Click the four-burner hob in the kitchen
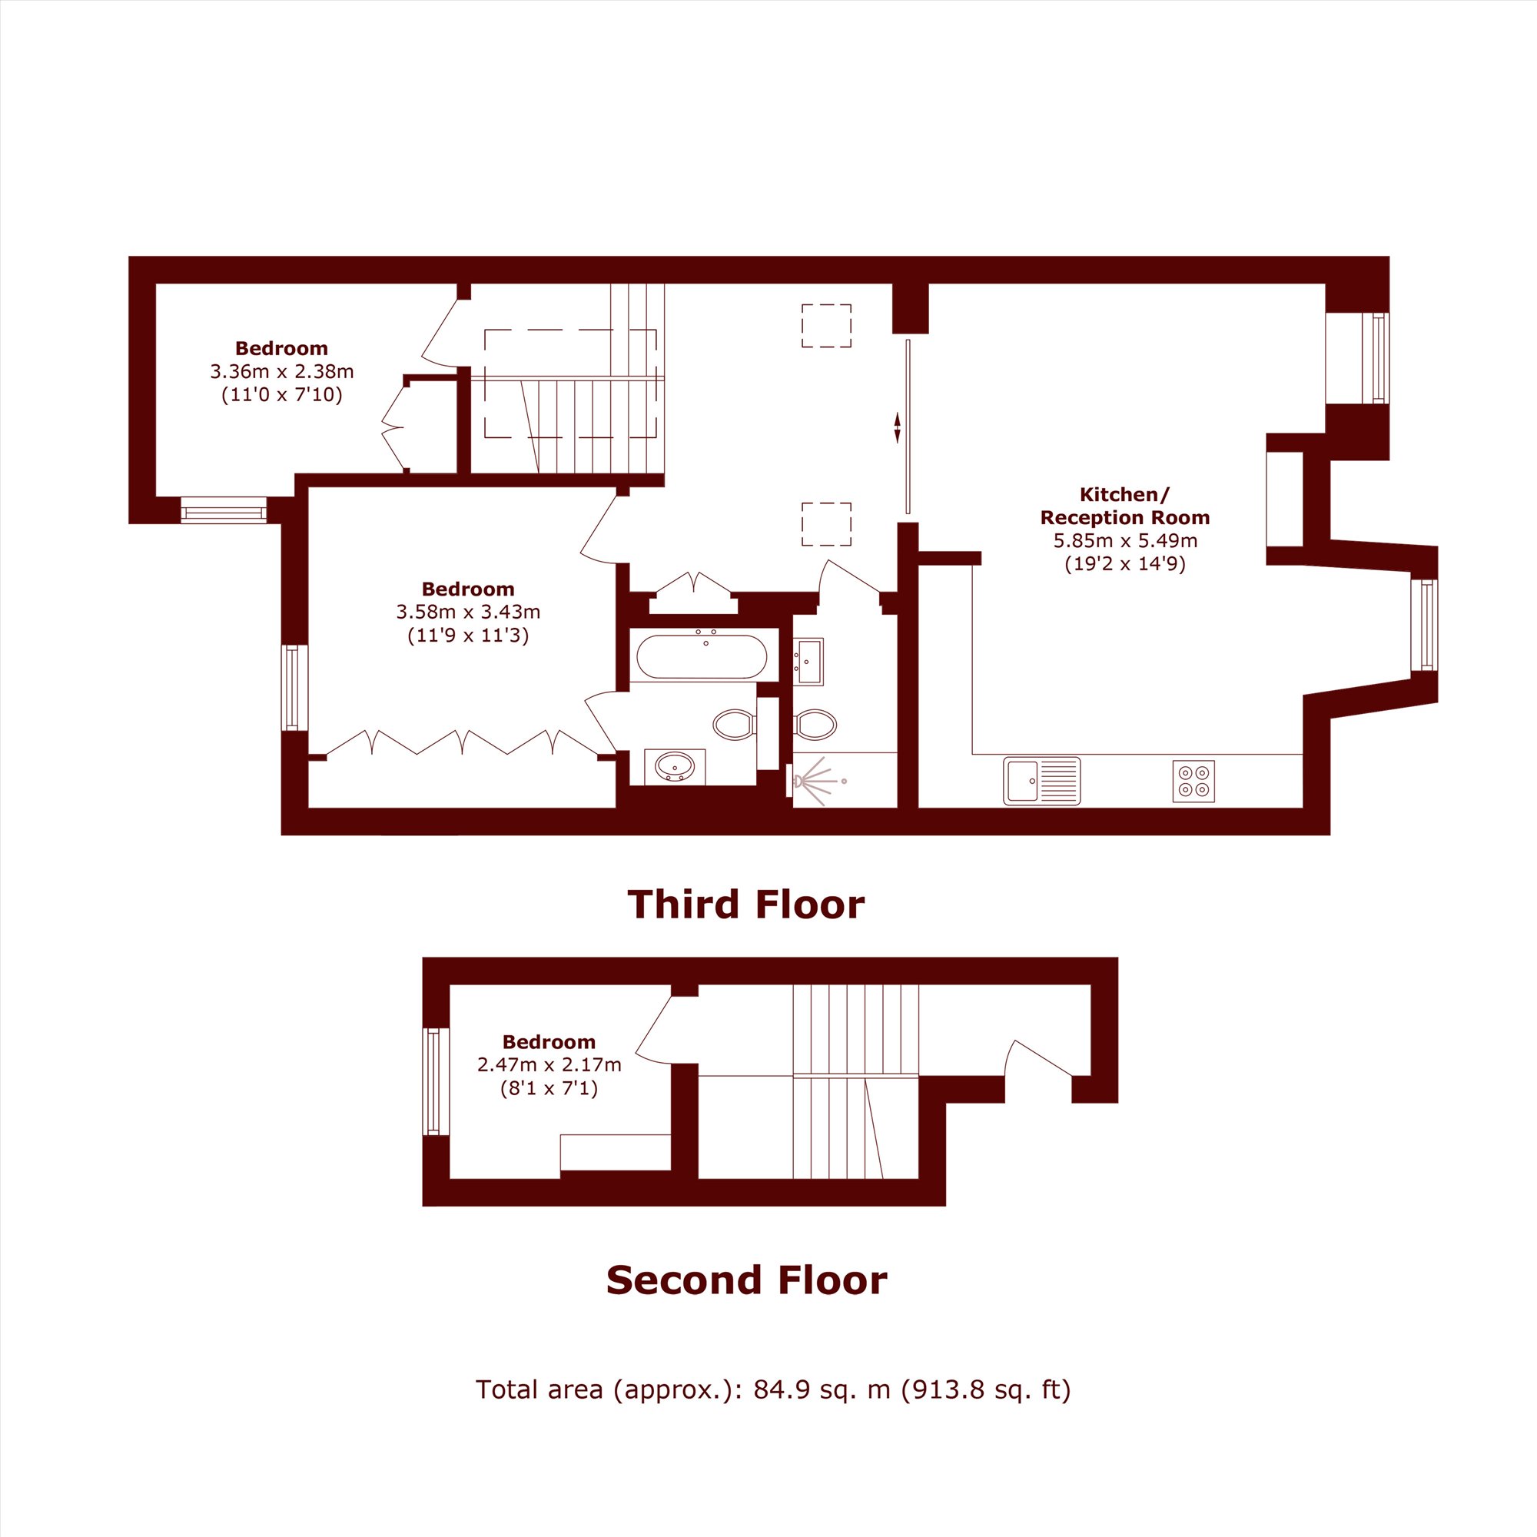(x=1193, y=782)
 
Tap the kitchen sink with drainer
(x=1042, y=781)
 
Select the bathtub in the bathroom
(x=702, y=656)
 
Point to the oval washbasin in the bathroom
(x=675, y=767)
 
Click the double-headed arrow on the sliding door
(x=898, y=427)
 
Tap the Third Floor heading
(x=745, y=905)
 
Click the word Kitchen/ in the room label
(x=1124, y=494)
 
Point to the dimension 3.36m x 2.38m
(x=281, y=371)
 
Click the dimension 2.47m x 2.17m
(x=549, y=1064)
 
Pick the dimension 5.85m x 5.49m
(x=1125, y=541)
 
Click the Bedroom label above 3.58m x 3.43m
(x=468, y=589)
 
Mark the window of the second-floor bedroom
(x=433, y=1081)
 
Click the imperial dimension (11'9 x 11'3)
(x=468, y=636)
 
